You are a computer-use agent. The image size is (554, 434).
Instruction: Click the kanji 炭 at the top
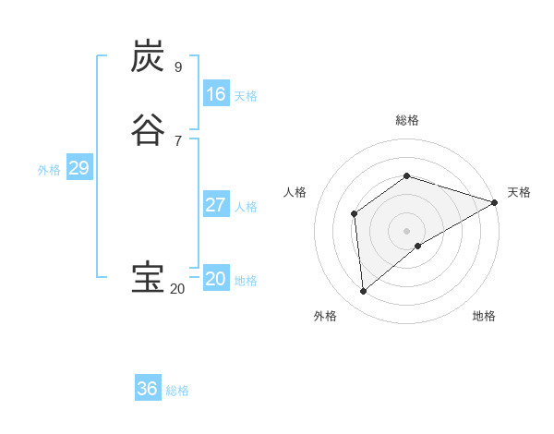(148, 56)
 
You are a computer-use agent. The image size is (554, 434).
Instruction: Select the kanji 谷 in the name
(148, 129)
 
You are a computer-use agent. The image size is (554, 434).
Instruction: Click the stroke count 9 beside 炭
(177, 67)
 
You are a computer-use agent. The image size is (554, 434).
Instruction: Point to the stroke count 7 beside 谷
(177, 140)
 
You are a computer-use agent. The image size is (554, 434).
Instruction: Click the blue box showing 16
(216, 94)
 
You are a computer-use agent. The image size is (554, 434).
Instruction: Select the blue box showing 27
(216, 205)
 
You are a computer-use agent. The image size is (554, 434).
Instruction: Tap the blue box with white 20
(216, 279)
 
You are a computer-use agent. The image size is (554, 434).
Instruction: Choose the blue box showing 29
(78, 168)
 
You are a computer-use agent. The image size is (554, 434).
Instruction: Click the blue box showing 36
(148, 389)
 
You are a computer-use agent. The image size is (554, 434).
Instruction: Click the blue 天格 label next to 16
(246, 96)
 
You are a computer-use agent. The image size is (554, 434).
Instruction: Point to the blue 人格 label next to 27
(246, 207)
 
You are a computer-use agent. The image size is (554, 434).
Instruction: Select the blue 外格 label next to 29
(49, 170)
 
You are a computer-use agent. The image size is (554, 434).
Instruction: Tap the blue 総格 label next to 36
(177, 391)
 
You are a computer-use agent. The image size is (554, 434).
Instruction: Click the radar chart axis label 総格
(407, 120)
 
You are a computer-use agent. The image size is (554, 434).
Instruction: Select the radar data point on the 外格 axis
(363, 292)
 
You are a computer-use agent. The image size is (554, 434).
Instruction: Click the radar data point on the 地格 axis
(418, 246)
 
